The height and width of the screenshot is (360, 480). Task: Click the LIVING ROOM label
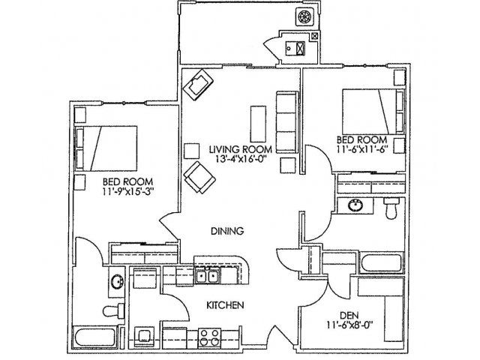(x=241, y=150)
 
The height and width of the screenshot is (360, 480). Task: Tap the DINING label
(x=227, y=231)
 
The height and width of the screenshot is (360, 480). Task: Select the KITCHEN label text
(x=225, y=305)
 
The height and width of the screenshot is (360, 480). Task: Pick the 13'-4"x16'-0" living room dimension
(x=240, y=159)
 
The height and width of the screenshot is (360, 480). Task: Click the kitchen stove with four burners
(x=210, y=338)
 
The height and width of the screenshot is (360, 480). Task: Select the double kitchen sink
(x=207, y=277)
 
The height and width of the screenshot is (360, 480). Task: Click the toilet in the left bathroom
(x=113, y=310)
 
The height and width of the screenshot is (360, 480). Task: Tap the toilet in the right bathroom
(x=391, y=208)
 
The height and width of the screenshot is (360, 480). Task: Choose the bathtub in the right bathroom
(x=381, y=262)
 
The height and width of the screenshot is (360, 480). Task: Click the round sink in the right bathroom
(x=355, y=205)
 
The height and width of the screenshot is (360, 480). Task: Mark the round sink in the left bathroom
(x=117, y=282)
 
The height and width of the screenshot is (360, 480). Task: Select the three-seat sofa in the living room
(x=287, y=122)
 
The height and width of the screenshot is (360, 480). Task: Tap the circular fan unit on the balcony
(x=304, y=16)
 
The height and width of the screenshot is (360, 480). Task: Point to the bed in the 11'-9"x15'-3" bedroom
(x=106, y=148)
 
